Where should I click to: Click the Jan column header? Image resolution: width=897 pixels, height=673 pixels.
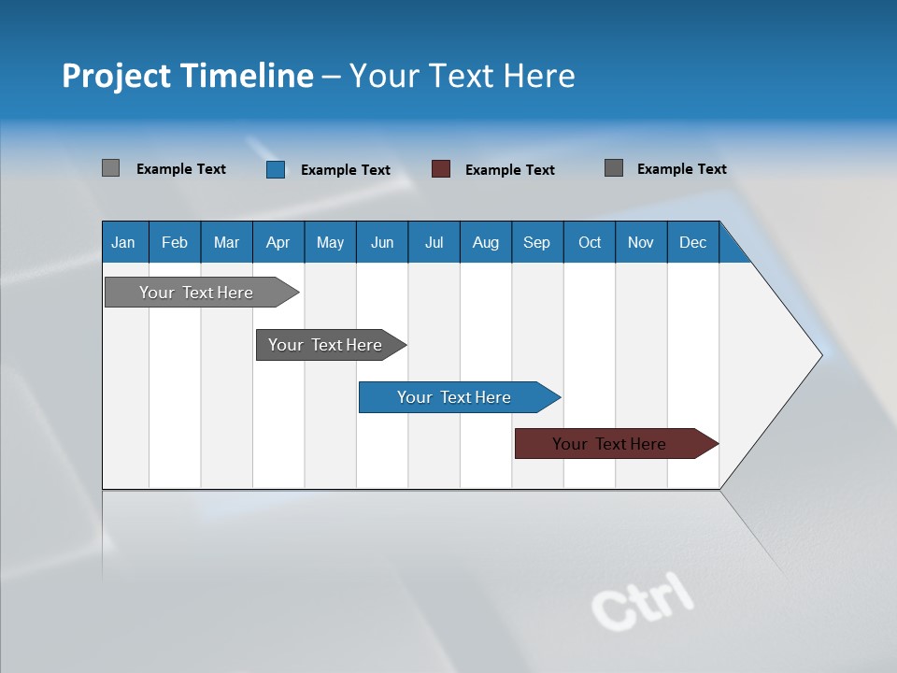pyautogui.click(x=123, y=242)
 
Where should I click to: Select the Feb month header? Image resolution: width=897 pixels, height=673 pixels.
pyautogui.click(x=175, y=242)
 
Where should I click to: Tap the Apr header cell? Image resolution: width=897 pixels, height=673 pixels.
pyautogui.click(x=278, y=242)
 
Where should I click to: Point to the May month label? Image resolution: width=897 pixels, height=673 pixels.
pyautogui.click(x=330, y=242)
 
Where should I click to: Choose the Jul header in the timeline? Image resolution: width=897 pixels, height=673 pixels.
pyautogui.click(x=434, y=242)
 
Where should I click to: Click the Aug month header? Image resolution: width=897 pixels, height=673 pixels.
pyautogui.click(x=485, y=242)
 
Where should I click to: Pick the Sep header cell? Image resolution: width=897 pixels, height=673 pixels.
pyautogui.click(x=536, y=242)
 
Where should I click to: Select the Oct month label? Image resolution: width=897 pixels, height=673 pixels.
pyautogui.click(x=590, y=242)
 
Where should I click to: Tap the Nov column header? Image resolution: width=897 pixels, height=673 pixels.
pyautogui.click(x=641, y=242)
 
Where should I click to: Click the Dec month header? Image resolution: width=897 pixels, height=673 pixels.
pyautogui.click(x=692, y=242)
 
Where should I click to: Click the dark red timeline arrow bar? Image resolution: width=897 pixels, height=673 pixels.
pyautogui.click(x=610, y=444)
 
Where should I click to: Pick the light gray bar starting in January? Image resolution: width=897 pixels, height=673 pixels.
pyautogui.click(x=197, y=293)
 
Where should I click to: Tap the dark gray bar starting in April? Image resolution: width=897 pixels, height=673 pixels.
pyautogui.click(x=326, y=345)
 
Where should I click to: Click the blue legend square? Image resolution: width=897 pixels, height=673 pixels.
pyautogui.click(x=276, y=169)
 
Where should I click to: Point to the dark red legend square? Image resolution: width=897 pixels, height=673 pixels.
pyautogui.click(x=441, y=169)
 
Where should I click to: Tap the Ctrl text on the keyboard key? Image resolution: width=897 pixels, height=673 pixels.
pyautogui.click(x=643, y=599)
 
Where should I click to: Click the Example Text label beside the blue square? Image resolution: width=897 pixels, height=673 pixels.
pyautogui.click(x=346, y=170)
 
